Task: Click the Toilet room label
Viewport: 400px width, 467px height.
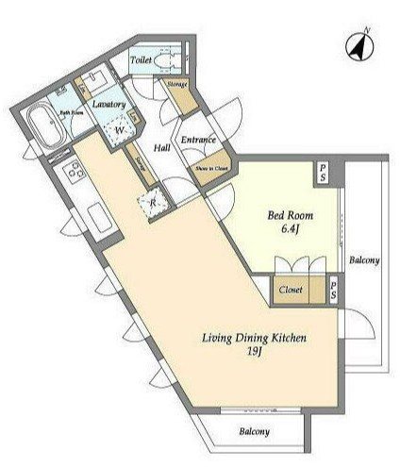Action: (x=142, y=59)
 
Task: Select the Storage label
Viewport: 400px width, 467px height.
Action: (x=177, y=85)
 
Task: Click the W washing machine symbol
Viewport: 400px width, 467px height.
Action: (x=120, y=131)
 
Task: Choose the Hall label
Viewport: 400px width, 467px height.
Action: (x=161, y=148)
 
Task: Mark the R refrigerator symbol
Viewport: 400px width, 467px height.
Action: (x=152, y=200)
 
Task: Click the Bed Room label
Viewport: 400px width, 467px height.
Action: (x=292, y=215)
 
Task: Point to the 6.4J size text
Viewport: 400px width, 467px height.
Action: (x=292, y=229)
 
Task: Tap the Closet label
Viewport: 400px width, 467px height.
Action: (x=291, y=290)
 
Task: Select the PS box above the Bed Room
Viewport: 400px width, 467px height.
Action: (x=322, y=173)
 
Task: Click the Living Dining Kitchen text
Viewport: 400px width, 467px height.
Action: (x=255, y=337)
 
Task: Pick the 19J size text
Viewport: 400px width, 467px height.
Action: (x=255, y=352)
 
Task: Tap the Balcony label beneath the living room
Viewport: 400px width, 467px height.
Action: (x=253, y=431)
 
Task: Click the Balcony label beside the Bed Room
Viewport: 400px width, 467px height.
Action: (x=363, y=259)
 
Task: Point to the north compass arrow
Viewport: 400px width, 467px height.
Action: (x=359, y=42)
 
